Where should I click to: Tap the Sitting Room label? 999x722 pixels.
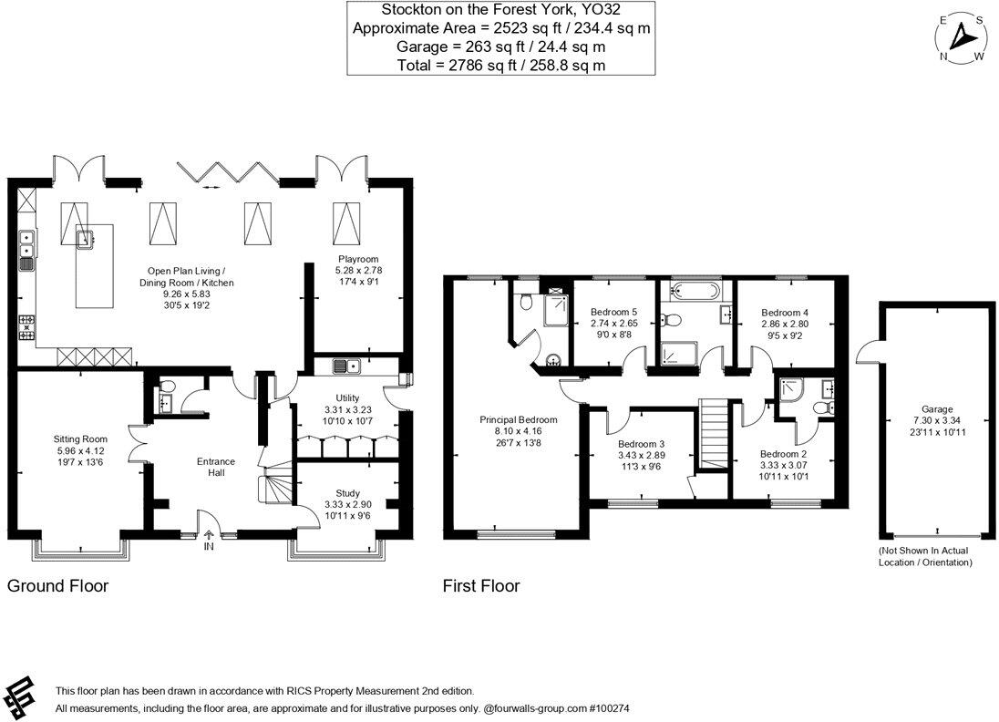pyautogui.click(x=81, y=438)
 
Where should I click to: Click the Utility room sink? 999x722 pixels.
pyautogui.click(x=346, y=366)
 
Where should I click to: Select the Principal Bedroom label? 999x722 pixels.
pyautogui.click(x=518, y=419)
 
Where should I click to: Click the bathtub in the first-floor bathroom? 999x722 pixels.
pyautogui.click(x=695, y=292)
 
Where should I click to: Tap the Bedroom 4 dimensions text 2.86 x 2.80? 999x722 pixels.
pyautogui.click(x=785, y=324)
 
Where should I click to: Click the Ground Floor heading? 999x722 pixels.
pyautogui.click(x=57, y=586)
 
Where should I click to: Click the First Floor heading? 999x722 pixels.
pyautogui.click(x=481, y=586)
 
